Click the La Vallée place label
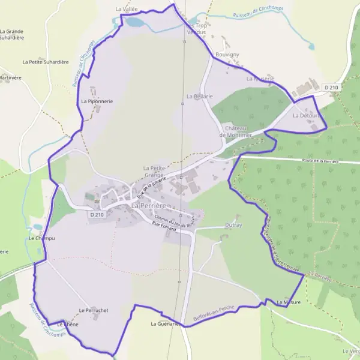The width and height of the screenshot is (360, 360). pyautogui.click(x=127, y=9)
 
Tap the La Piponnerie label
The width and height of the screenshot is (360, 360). pyautogui.click(x=97, y=101)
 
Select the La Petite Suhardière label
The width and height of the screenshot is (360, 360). pyautogui.click(x=46, y=62)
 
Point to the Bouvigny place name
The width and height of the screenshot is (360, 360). pyautogui.click(x=227, y=55)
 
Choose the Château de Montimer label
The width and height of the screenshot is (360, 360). pyautogui.click(x=238, y=132)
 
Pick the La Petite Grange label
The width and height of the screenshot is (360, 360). pyautogui.click(x=154, y=171)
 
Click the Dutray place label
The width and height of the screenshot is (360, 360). pyautogui.click(x=234, y=225)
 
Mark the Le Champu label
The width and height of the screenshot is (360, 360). pyautogui.click(x=41, y=238)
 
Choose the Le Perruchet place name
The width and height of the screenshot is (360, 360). pyautogui.click(x=93, y=310)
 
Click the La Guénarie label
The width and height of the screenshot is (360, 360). pyautogui.click(x=165, y=324)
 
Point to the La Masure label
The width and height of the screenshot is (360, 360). pyautogui.click(x=288, y=302)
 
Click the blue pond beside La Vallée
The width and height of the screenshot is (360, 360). pyautogui.click(x=134, y=23)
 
